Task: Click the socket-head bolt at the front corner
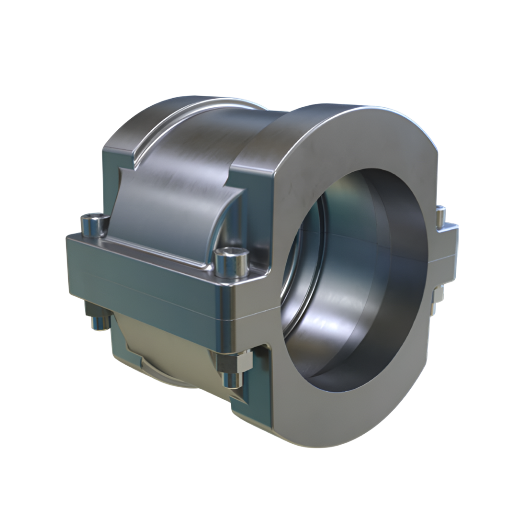[x=231, y=263]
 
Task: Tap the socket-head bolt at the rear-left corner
[x=94, y=225]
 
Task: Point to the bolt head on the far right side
[x=440, y=215]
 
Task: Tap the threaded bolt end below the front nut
[x=234, y=380]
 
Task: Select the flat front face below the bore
[x=345, y=416]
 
